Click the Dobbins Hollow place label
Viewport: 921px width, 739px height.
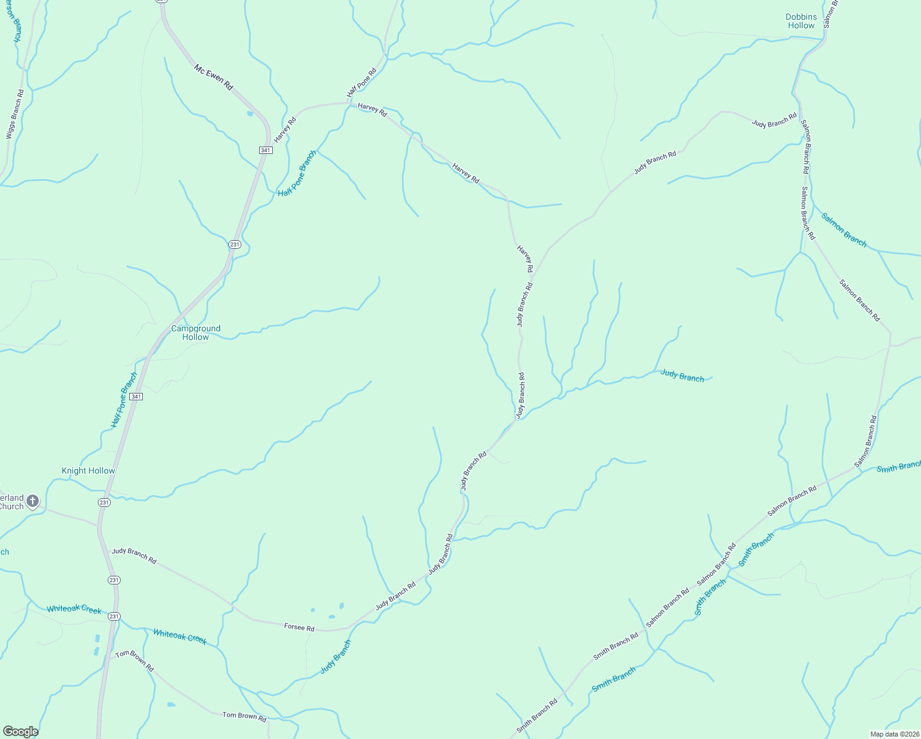tap(801, 22)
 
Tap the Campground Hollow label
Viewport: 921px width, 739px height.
tap(196, 333)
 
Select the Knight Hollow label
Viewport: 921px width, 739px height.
tap(88, 470)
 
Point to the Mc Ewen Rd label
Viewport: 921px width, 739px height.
tap(214, 78)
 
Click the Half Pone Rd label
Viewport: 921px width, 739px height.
tap(361, 83)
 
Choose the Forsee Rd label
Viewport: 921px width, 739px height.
tap(299, 628)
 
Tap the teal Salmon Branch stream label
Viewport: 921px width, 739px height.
tap(844, 230)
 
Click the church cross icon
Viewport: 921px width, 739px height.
tap(33, 501)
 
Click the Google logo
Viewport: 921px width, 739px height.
tap(20, 732)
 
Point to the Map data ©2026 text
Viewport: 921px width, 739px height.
tap(894, 734)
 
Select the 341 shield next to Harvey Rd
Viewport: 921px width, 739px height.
tap(265, 150)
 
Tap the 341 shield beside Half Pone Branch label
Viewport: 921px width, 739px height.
tap(136, 397)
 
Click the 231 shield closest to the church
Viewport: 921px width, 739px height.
tap(104, 503)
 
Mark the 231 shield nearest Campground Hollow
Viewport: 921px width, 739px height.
tap(235, 244)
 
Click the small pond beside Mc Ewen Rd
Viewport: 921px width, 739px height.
tap(249, 113)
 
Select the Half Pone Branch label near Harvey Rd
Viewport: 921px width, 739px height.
tap(297, 174)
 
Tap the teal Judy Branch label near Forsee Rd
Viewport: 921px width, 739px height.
tap(336, 657)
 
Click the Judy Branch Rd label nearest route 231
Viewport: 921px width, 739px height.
tap(134, 555)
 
